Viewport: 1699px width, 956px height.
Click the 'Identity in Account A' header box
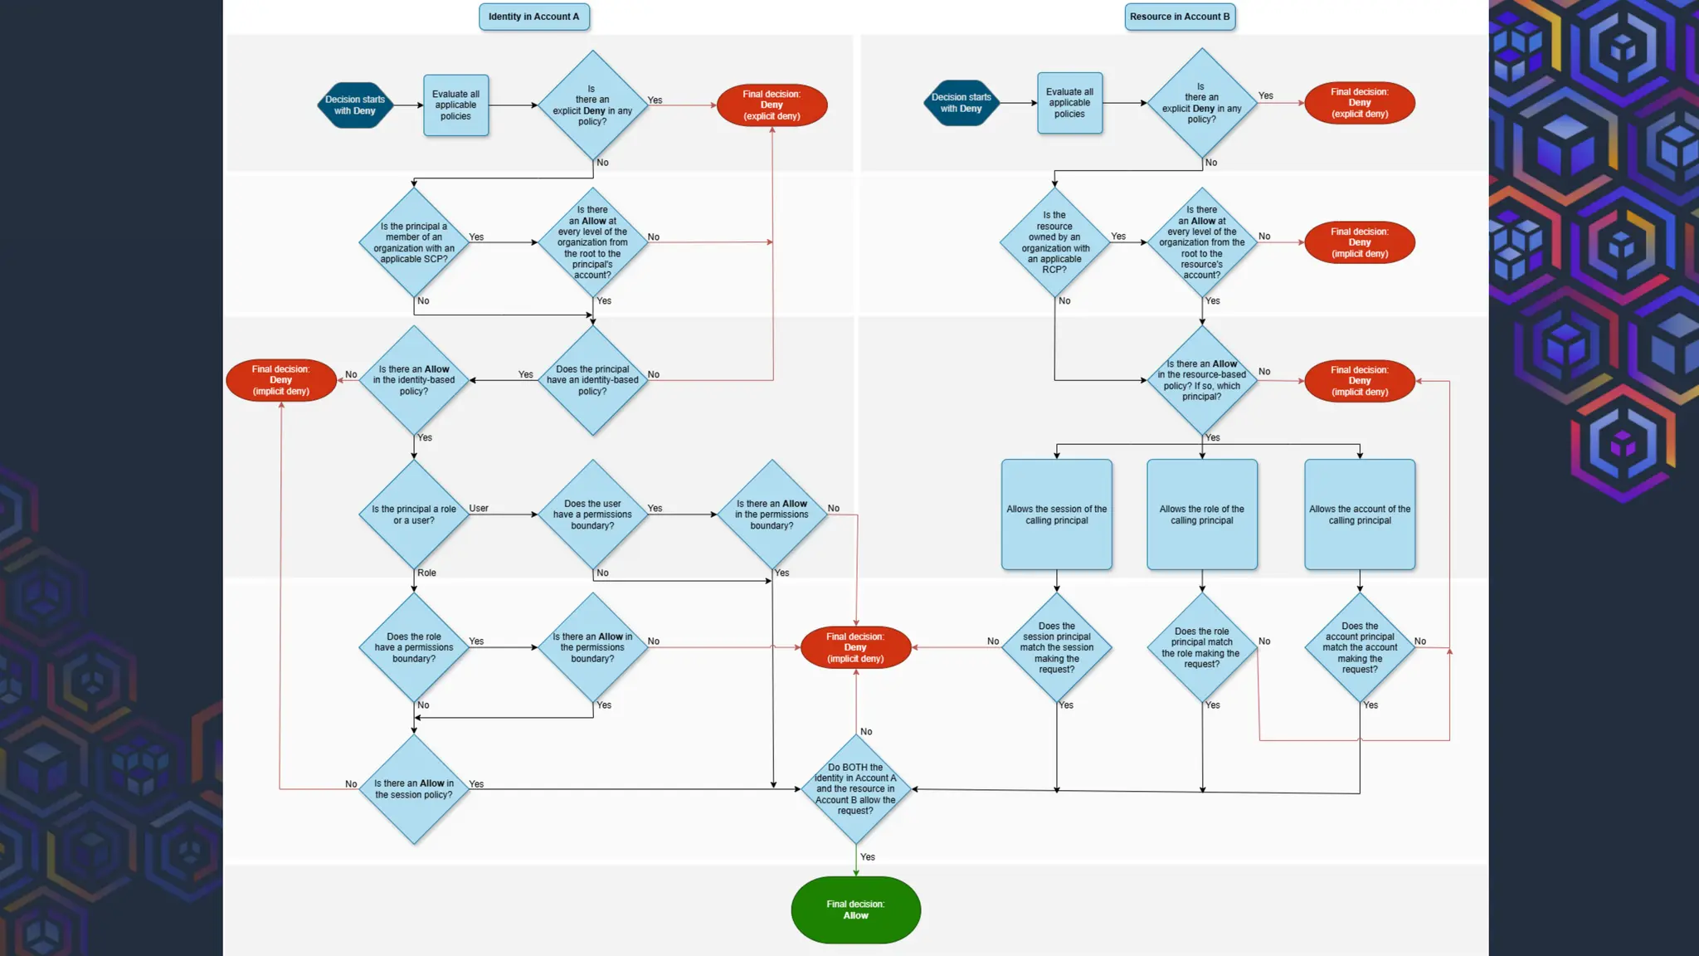click(533, 17)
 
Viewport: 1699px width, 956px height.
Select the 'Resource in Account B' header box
click(1179, 17)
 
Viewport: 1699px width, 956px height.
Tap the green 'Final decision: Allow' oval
click(855, 910)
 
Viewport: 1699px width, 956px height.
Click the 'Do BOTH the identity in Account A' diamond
click(855, 789)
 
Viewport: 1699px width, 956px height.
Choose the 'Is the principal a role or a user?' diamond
click(414, 515)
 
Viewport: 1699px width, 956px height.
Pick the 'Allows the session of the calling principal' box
click(1056, 515)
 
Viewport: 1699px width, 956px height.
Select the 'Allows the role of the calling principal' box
click(1201, 515)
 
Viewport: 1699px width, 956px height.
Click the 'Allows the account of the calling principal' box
click(1359, 515)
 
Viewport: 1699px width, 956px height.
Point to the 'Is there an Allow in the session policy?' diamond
click(414, 789)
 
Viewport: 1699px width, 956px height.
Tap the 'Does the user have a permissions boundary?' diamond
click(592, 515)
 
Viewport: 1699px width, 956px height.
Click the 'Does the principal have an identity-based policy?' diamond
click(592, 380)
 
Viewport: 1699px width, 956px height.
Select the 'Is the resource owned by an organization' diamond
click(1054, 242)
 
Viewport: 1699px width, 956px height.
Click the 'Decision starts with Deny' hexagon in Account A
click(355, 105)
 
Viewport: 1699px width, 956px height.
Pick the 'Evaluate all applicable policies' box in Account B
click(1069, 103)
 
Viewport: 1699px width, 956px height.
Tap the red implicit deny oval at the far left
click(280, 380)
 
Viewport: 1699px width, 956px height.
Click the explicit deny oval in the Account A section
click(772, 105)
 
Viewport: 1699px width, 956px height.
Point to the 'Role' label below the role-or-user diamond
click(426, 573)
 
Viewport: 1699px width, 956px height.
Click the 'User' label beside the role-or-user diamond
click(479, 508)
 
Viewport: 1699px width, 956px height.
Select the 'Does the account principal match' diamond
click(1359, 647)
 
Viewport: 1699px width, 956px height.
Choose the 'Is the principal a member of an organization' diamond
click(414, 242)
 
